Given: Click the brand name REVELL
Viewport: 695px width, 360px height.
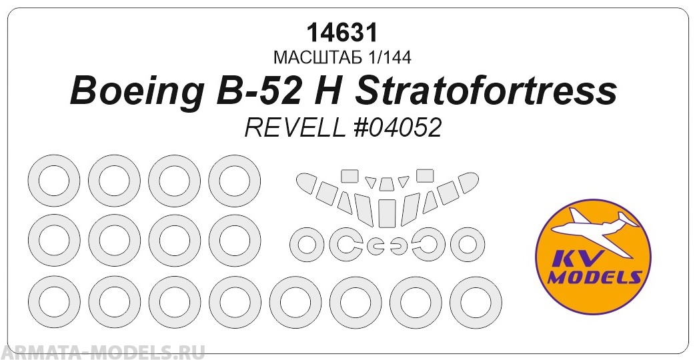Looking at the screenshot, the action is (x=295, y=128).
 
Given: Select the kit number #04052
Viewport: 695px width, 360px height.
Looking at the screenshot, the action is (x=396, y=128).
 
